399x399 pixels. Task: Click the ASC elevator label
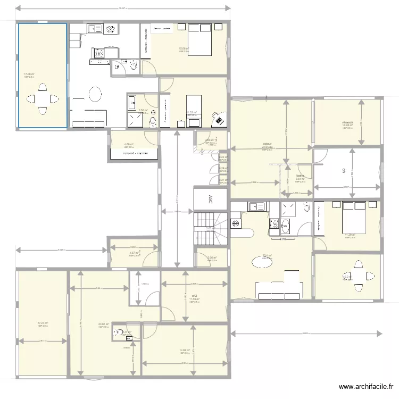click(211, 199)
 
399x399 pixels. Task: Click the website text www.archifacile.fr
click(367, 387)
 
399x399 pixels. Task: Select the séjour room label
click(267, 144)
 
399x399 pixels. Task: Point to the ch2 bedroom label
click(194, 296)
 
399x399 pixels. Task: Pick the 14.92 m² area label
click(185, 350)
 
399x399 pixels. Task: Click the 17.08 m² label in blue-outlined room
click(29, 74)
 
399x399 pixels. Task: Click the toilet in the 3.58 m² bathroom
click(153, 122)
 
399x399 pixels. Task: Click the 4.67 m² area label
click(134, 253)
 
